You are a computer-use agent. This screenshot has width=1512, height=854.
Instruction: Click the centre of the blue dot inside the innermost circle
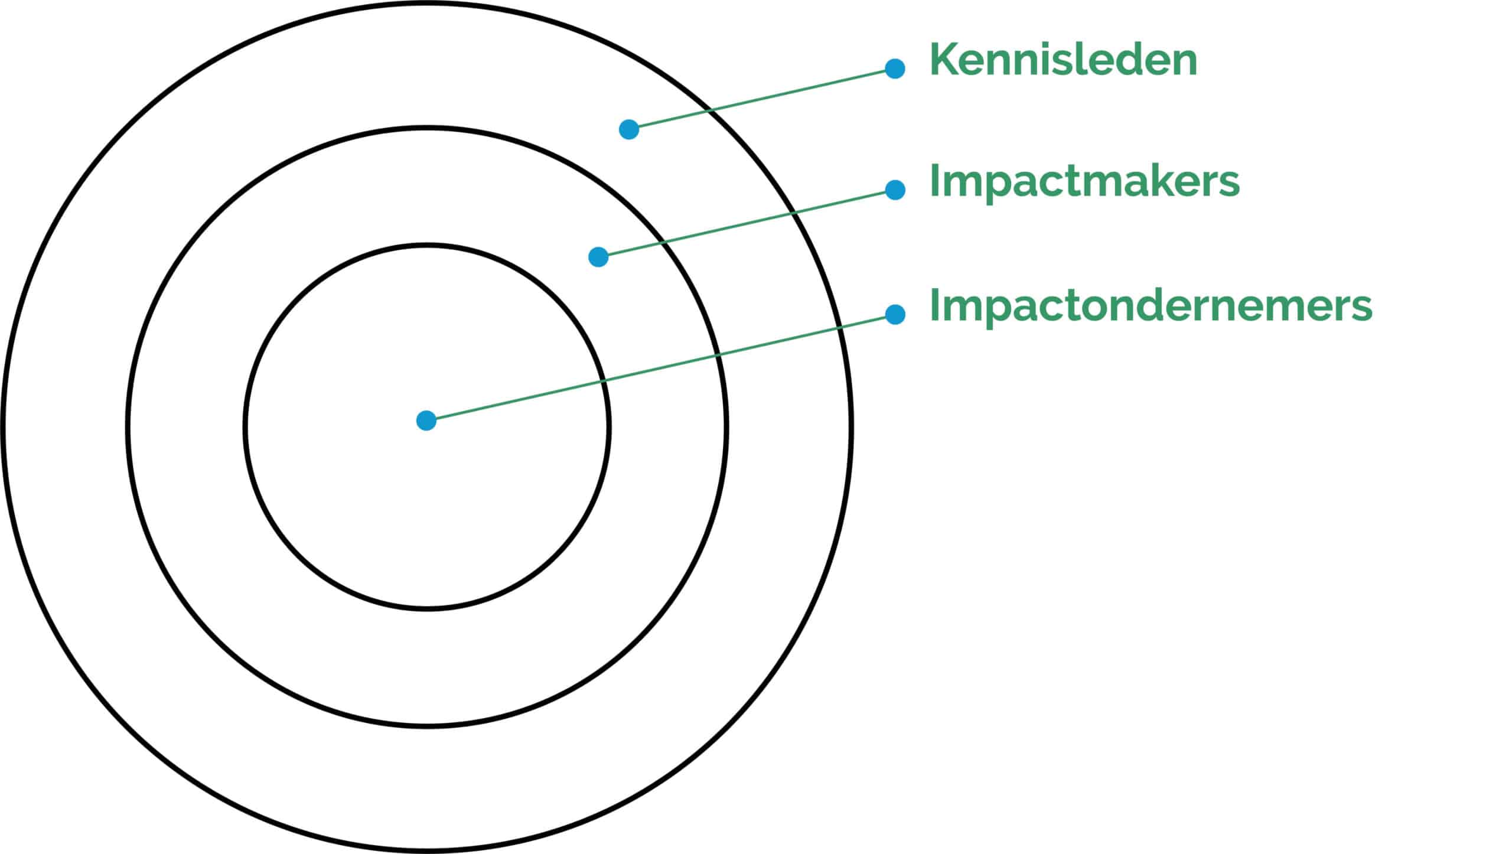(426, 421)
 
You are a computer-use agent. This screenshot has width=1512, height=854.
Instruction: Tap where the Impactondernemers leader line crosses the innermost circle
(604, 381)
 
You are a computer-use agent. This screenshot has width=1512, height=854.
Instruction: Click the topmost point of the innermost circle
(426, 245)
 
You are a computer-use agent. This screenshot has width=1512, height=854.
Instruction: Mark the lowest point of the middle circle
(426, 725)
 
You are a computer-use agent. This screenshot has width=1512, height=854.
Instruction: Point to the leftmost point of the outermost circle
(4, 426)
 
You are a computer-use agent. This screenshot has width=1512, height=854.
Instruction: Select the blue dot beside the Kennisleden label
(895, 69)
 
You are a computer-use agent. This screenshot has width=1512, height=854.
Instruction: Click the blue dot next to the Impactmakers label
(895, 190)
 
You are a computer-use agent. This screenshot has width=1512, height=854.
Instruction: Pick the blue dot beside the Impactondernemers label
(895, 314)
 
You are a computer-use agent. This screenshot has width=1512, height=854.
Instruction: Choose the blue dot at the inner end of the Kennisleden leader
(629, 129)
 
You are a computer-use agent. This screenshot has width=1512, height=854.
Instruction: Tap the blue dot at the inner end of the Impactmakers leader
(598, 257)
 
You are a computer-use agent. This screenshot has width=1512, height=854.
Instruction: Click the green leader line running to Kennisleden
(762, 99)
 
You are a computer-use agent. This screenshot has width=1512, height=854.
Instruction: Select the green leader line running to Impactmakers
(747, 223)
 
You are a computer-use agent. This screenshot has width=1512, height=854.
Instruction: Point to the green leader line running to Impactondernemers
(661, 367)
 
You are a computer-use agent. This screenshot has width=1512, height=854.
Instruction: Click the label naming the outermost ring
(1063, 60)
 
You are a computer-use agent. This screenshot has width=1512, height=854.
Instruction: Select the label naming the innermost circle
(1151, 306)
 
